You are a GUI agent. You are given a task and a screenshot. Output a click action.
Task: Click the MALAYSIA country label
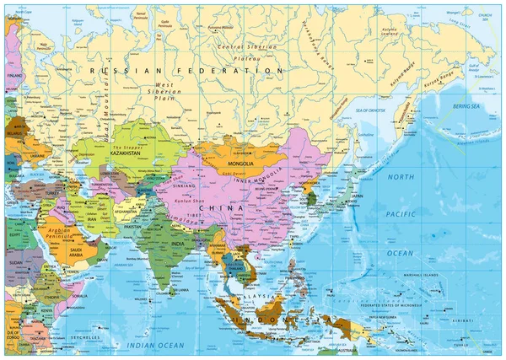[x=257, y=297]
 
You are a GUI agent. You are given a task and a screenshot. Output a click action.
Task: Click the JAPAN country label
[x=357, y=196]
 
